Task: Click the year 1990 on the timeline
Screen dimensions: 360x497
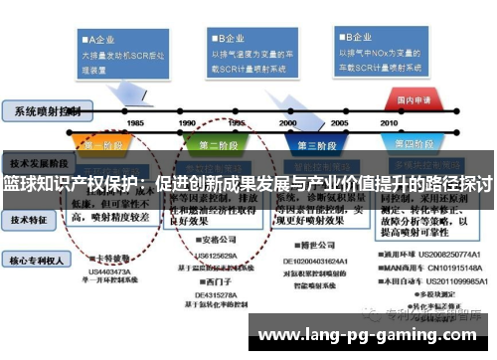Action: click(187, 122)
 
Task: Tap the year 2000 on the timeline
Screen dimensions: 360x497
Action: click(288, 122)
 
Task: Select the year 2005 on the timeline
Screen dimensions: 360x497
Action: click(339, 122)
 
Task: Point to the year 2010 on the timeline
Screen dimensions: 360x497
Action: click(391, 122)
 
